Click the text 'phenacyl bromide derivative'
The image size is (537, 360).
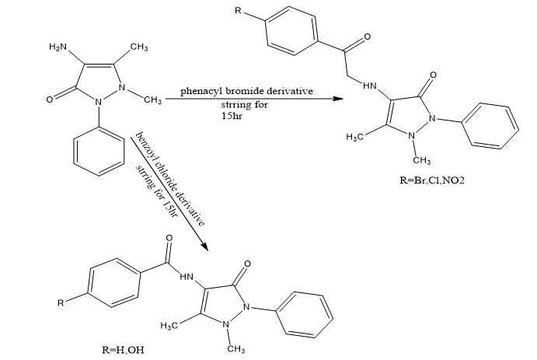[247, 92]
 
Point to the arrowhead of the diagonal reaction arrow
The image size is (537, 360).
[206, 246]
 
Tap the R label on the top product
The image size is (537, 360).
[247, 12]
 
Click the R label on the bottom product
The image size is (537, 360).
[61, 302]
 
